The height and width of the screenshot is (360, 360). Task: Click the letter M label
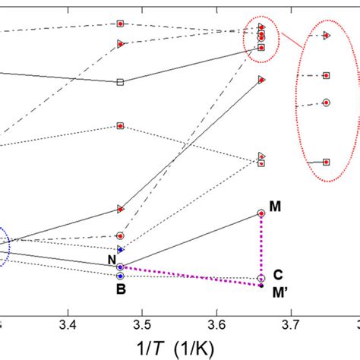(x=275, y=206)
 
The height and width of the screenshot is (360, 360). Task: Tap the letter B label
(x=120, y=289)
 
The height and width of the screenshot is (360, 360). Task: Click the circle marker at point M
(x=261, y=214)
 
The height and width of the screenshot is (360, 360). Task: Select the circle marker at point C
(x=261, y=278)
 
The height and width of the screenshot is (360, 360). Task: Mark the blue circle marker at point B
(x=120, y=276)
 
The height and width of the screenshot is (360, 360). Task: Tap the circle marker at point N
(x=120, y=267)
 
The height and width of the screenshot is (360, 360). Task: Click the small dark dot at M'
(x=261, y=286)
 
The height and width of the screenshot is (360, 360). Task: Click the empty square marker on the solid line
(x=120, y=82)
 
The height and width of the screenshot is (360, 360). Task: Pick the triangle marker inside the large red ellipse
(x=326, y=36)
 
